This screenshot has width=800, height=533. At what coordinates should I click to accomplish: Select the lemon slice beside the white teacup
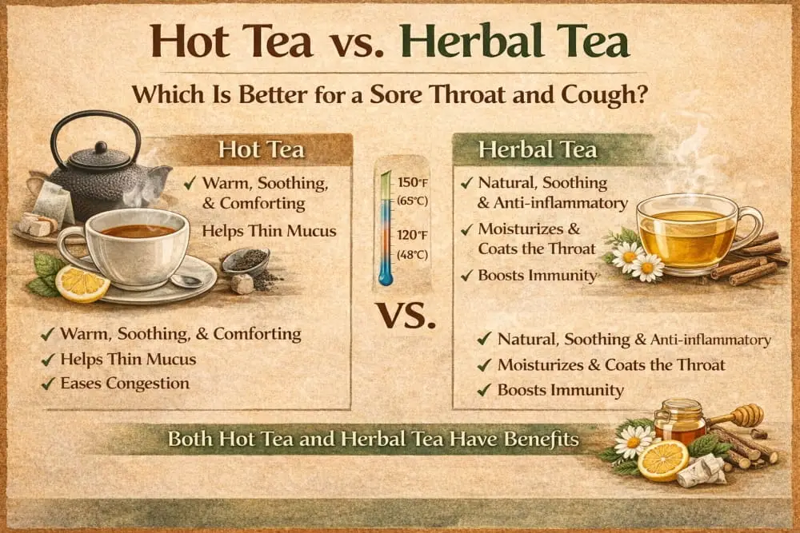pos(82,284)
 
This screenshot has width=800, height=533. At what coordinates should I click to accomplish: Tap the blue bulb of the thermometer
pos(386,278)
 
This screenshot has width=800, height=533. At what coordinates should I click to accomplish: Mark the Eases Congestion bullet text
pos(125,384)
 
